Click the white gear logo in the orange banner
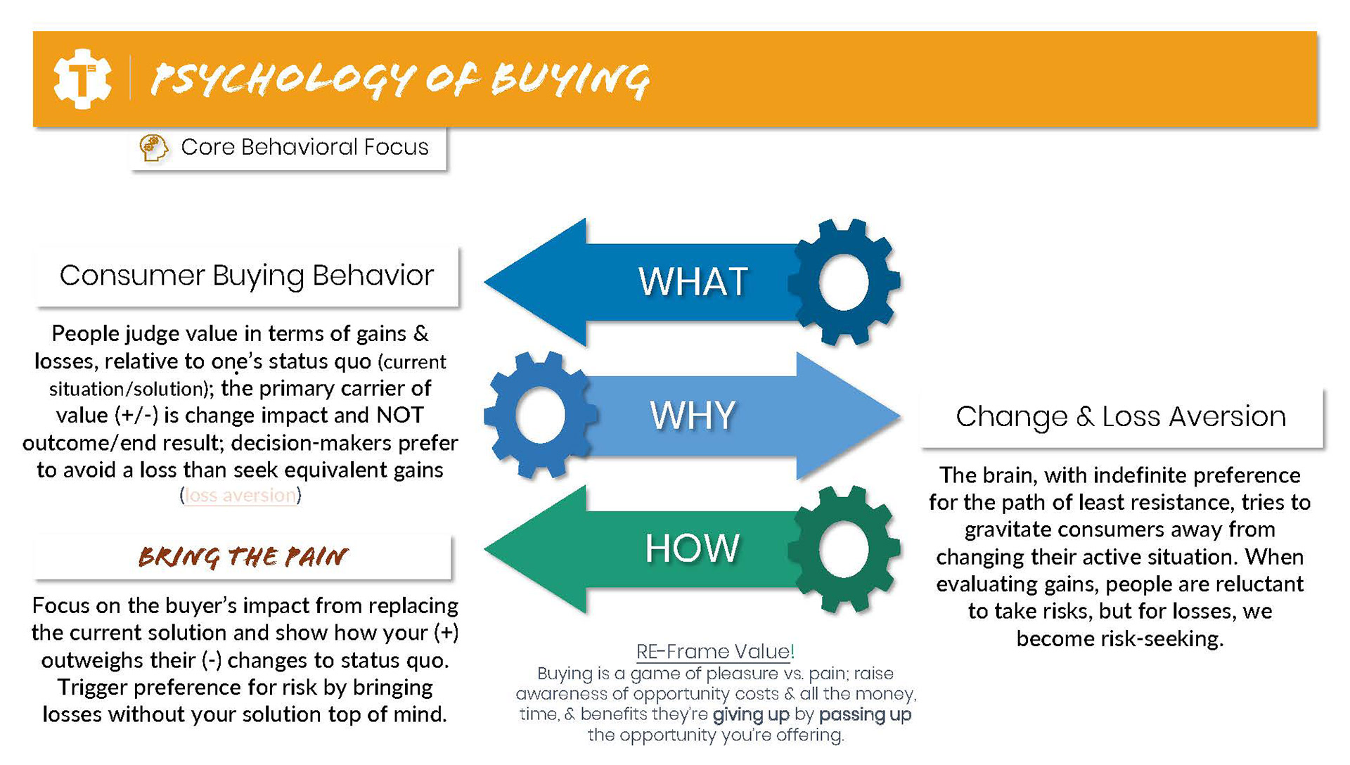(x=83, y=79)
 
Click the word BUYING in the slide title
(x=570, y=79)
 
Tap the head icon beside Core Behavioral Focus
(x=153, y=148)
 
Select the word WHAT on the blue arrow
(x=693, y=282)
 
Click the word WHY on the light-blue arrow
(x=693, y=415)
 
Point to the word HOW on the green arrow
(x=693, y=548)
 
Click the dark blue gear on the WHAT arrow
(x=844, y=282)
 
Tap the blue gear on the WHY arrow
(x=541, y=415)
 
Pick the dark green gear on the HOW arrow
(x=844, y=548)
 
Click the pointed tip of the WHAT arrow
(x=485, y=282)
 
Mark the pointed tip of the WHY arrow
(x=900, y=416)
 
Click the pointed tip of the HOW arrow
(x=485, y=549)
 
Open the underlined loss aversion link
(x=240, y=496)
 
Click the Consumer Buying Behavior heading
(x=247, y=276)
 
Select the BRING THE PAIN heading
(x=243, y=557)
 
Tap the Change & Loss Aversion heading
(x=1121, y=416)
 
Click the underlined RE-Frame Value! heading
(x=715, y=652)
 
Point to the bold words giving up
(x=751, y=715)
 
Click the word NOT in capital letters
(x=400, y=415)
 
